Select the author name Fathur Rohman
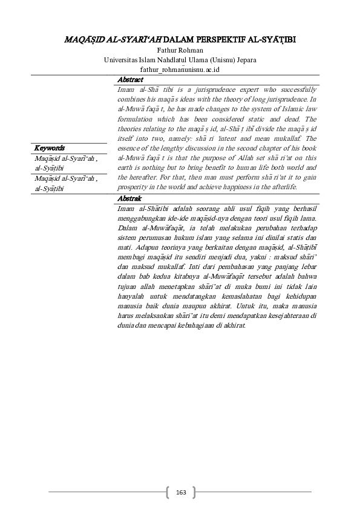pos(180,50)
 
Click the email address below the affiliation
pos(180,70)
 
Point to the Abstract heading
pos(130,80)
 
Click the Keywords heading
pos(50,148)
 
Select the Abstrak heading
pos(129,198)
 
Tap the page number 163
pos(180,493)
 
